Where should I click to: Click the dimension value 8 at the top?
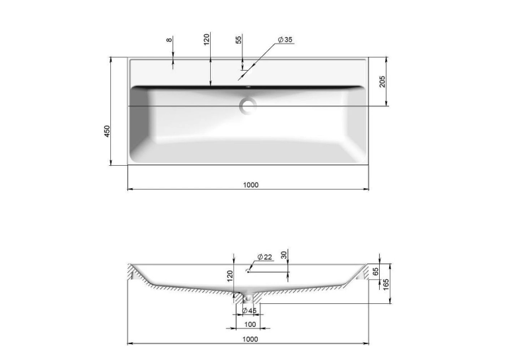(x=169, y=40)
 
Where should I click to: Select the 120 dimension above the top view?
(x=207, y=39)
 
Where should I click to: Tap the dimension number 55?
(x=238, y=40)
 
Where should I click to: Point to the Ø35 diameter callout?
(x=285, y=40)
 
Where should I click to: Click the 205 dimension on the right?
(x=382, y=81)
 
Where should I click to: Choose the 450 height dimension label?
(x=107, y=131)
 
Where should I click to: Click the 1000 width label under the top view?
(x=251, y=185)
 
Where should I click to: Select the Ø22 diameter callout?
(x=265, y=257)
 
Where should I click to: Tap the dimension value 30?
(x=284, y=255)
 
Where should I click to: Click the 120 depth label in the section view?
(x=230, y=276)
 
